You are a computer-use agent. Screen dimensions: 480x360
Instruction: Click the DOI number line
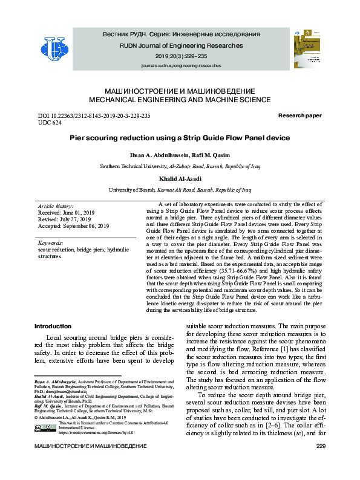94,115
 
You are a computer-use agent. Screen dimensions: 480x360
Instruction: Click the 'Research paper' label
299,115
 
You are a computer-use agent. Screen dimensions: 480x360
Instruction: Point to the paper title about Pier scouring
180,138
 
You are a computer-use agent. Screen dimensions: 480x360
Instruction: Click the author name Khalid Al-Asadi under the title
180,180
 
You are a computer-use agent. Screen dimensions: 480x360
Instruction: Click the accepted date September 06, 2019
73,226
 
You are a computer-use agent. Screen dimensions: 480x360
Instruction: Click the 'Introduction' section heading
54,326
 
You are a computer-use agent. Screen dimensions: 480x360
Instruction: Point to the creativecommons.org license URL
96,433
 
